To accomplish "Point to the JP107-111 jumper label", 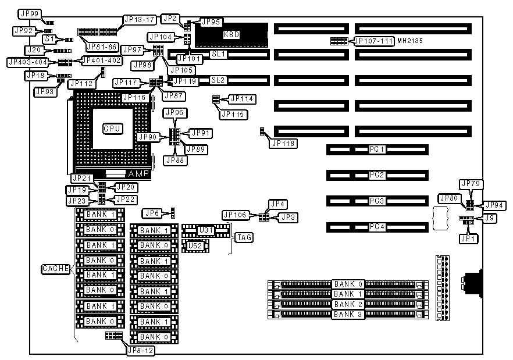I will (374, 41).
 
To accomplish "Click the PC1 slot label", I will (377, 149).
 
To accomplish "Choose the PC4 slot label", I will (377, 227).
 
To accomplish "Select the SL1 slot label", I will (218, 54).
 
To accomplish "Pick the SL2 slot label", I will (218, 80).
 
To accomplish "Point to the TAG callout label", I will (244, 237).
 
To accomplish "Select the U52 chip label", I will (197, 246).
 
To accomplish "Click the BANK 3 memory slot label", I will (348, 315).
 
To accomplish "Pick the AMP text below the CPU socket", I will (138, 174).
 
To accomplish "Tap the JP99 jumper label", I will (29, 13).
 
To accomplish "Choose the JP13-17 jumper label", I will (139, 19).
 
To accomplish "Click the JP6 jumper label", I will (152, 213).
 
